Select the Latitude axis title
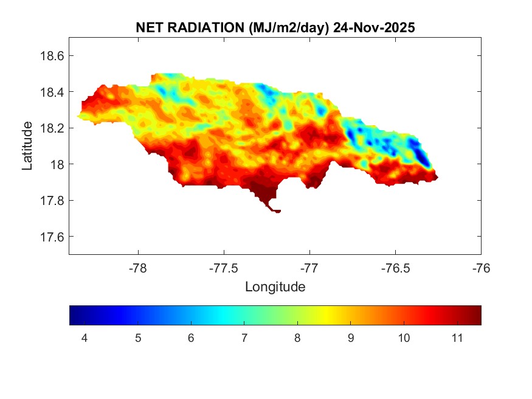point(27,145)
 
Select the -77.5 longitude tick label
point(224,267)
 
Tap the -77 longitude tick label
point(310,267)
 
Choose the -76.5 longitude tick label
point(396,267)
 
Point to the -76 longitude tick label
point(481,267)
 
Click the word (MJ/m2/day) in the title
point(288,27)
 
